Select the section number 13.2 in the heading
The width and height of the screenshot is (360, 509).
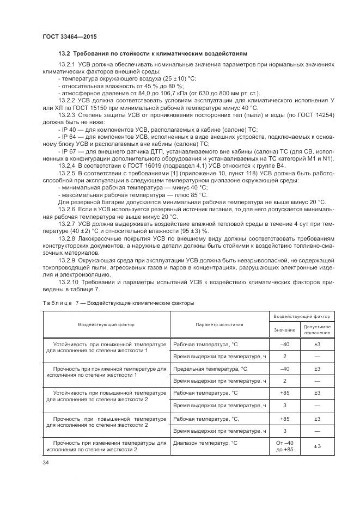(64, 54)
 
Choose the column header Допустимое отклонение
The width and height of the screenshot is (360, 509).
(317, 329)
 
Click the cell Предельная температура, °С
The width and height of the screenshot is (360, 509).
(209, 369)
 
